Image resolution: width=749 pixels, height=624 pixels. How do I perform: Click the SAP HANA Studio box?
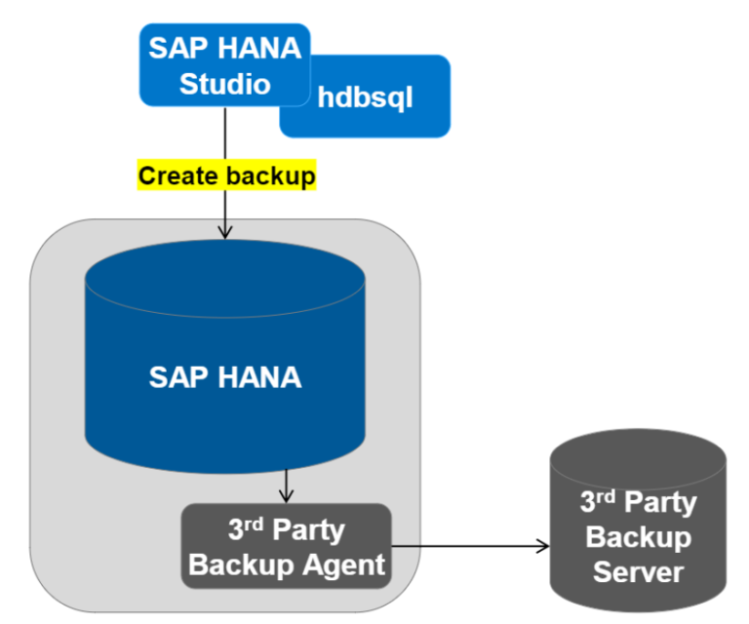[224, 64]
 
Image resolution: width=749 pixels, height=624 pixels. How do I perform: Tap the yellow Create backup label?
[226, 176]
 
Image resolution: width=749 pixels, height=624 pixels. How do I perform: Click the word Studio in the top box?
[225, 84]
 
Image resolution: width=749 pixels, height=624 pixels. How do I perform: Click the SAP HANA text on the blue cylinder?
[225, 377]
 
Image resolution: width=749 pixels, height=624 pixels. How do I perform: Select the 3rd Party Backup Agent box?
[286, 547]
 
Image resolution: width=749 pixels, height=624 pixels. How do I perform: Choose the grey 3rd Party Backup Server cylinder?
[637, 526]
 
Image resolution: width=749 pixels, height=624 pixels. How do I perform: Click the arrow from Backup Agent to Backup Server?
[468, 547]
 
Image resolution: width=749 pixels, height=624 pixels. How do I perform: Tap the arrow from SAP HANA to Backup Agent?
[286, 486]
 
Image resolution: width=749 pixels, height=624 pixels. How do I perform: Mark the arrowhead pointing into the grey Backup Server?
[542, 547]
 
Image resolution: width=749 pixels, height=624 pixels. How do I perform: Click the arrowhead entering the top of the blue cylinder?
[225, 232]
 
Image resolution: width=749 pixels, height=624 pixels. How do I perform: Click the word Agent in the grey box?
[344, 565]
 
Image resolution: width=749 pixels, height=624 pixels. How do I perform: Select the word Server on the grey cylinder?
[637, 570]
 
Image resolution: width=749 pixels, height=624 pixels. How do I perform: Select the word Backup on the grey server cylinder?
[637, 537]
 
